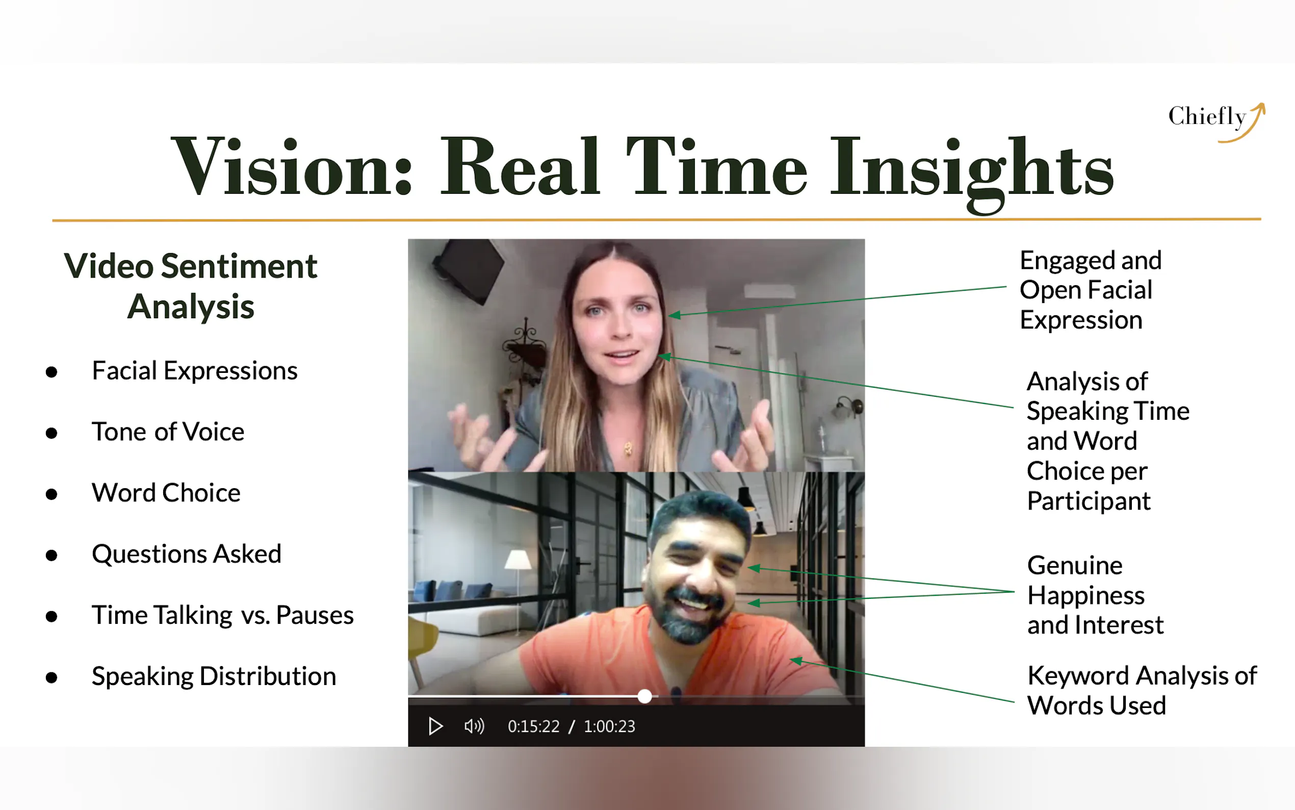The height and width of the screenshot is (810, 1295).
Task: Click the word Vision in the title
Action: [292, 166]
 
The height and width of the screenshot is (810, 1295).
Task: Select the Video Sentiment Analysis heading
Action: [191, 286]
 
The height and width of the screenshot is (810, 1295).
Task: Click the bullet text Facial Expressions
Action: [194, 371]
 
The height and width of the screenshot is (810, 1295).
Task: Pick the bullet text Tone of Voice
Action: [168, 432]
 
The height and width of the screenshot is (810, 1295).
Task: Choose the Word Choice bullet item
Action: [166, 493]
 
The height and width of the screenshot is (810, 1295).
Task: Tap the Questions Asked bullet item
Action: [186, 554]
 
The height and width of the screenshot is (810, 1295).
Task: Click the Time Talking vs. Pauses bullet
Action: [223, 615]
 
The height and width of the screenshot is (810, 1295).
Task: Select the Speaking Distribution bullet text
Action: [214, 676]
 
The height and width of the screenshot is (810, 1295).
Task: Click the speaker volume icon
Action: [474, 726]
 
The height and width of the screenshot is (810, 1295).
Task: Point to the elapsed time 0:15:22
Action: [533, 726]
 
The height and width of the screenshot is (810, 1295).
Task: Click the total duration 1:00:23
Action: [609, 726]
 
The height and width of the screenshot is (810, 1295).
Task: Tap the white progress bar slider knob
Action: [644, 696]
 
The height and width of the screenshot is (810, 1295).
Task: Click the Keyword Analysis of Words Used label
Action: [1142, 691]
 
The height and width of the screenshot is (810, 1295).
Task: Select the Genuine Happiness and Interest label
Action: [1095, 595]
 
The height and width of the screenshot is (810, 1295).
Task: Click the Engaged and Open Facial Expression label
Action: [1091, 290]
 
